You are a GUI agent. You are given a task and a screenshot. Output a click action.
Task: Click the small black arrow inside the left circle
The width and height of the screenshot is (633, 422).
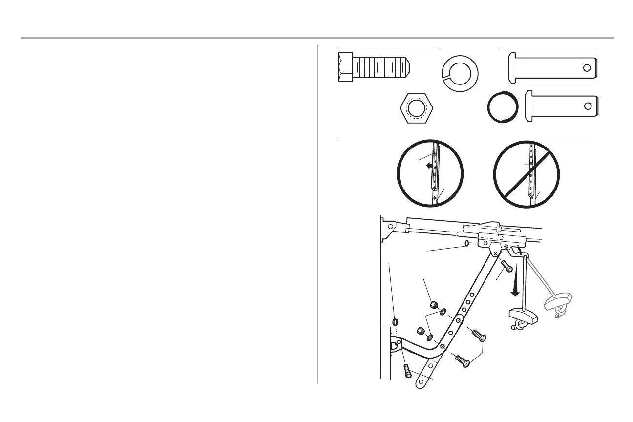pyautogui.click(x=429, y=166)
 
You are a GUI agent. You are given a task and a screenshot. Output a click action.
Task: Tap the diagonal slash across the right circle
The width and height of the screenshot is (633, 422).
pyautogui.click(x=527, y=174)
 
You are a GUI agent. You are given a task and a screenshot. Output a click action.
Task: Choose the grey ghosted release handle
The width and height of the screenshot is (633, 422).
pyautogui.click(x=558, y=303)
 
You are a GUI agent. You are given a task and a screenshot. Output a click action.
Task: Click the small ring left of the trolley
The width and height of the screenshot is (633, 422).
pyautogui.click(x=466, y=243)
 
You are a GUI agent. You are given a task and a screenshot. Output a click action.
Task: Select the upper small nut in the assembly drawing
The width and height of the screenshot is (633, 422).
pyautogui.click(x=434, y=306)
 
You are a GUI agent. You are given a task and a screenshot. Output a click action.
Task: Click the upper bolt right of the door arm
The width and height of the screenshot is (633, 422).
pyautogui.click(x=477, y=336)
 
